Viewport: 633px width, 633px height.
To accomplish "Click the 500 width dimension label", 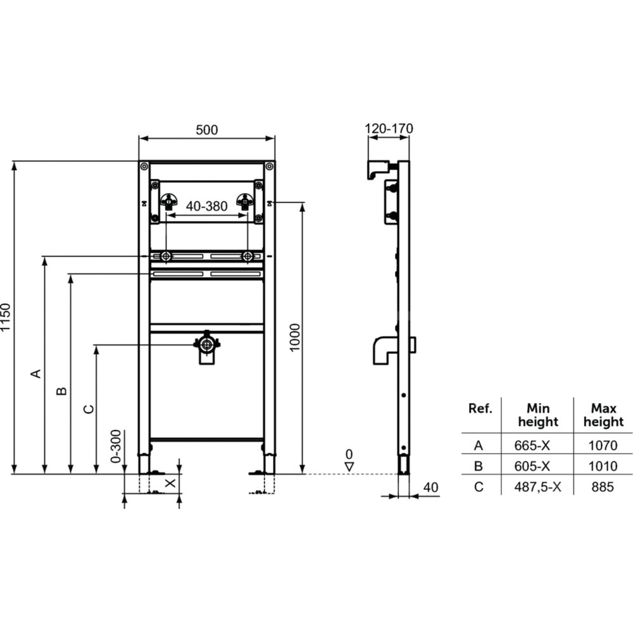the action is tap(207, 130).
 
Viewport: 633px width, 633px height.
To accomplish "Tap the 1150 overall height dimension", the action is tap(5, 317).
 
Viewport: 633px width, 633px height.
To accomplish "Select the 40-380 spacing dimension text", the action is tap(207, 206).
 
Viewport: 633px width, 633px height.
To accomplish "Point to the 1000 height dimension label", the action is tap(295, 337).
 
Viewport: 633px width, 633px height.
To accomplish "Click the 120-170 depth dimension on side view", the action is tap(389, 128).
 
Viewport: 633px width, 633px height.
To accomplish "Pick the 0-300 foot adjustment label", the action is tap(116, 446).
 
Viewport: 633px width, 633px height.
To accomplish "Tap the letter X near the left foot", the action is tap(171, 483).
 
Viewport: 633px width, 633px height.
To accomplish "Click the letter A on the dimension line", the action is tap(36, 373).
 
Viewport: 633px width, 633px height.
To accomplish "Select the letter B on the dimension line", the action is tap(61, 391).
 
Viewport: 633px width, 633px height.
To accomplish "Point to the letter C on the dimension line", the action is tap(89, 410).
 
